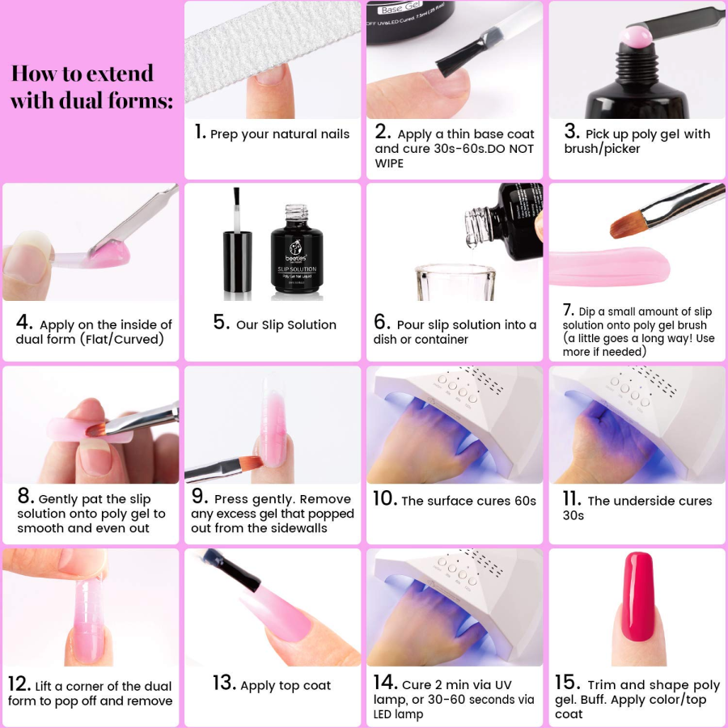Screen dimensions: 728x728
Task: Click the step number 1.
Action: [x=200, y=132]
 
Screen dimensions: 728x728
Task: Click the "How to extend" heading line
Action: [x=82, y=74]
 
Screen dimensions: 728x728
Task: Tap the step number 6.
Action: [x=382, y=322]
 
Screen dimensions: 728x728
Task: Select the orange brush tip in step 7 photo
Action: [x=628, y=222]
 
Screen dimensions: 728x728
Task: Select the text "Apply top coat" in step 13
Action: [x=286, y=685]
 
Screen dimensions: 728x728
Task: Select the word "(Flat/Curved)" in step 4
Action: [x=119, y=339]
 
